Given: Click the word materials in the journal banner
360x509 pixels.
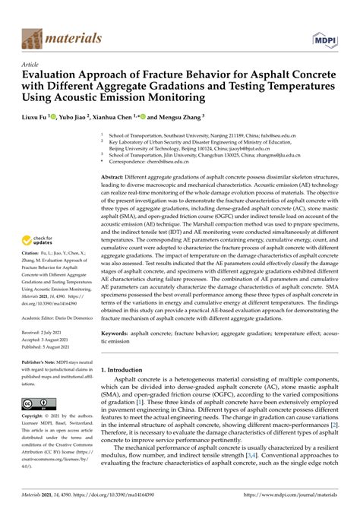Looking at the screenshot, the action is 74,37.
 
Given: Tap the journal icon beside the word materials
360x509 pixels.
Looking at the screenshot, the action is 33,37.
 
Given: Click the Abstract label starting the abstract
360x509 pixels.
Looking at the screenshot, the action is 116,197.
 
